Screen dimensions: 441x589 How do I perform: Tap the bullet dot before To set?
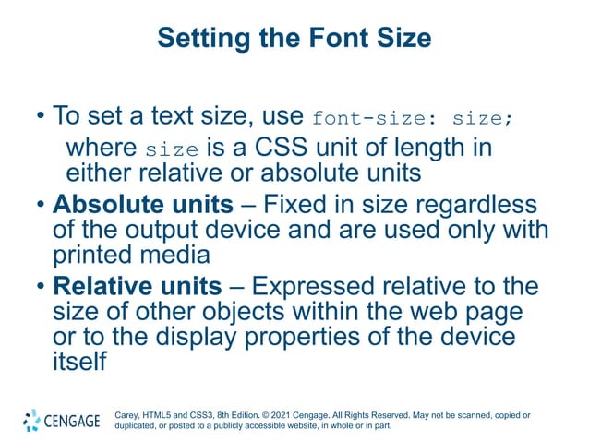[x=41, y=118]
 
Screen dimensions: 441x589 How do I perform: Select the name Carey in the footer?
[x=128, y=415]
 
